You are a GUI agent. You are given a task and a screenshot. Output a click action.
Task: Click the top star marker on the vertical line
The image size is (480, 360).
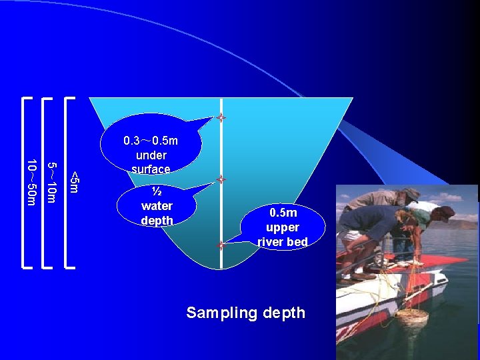coord(221,118)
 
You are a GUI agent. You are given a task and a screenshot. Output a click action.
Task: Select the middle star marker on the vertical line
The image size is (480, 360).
coord(221,180)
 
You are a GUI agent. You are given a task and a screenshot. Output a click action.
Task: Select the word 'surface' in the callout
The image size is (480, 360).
coord(151,169)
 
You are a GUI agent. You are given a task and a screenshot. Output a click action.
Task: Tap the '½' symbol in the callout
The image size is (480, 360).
coord(157,192)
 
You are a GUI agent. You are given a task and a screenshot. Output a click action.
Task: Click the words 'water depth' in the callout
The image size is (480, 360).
coord(157,213)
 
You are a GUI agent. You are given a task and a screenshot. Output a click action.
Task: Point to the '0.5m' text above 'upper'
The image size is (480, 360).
coord(283,213)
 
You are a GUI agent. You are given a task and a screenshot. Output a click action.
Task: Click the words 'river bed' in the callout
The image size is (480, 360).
coord(283,241)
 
